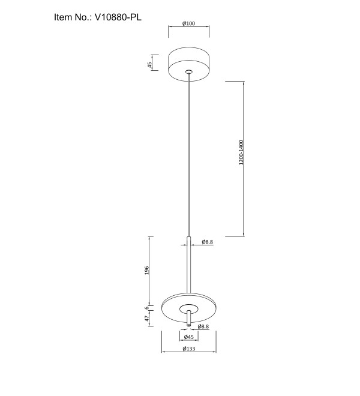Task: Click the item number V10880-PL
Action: pos(118,17)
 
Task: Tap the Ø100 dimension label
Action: pos(189,23)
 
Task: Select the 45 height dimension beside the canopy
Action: pos(150,65)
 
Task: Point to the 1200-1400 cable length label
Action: pos(241,152)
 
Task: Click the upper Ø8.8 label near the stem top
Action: pos(208,242)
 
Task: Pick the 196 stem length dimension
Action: pos(147,270)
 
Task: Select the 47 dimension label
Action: pos(147,319)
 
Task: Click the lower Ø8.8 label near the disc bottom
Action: pos(203,326)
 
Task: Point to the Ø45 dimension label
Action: pos(189,337)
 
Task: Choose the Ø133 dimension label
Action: pos(189,349)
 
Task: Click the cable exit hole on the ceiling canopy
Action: pos(188,72)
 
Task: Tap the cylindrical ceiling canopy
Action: pos(189,64)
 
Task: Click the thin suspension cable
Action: pos(188,155)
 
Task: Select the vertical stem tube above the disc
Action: pos(189,265)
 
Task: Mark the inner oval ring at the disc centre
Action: pos(189,304)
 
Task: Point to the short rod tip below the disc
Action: pos(189,325)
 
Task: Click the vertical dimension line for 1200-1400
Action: pos(244,159)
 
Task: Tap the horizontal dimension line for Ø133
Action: pos(189,352)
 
